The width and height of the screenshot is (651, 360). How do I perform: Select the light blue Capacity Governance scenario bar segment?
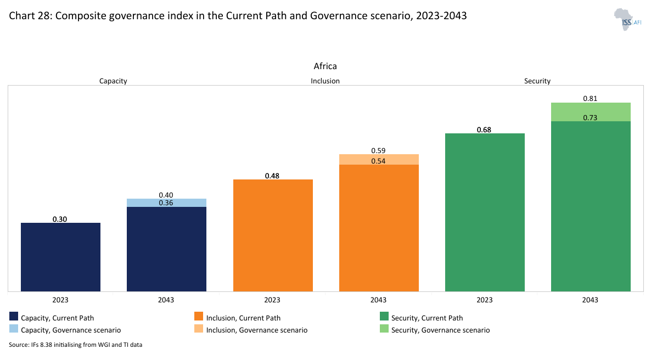point(166,203)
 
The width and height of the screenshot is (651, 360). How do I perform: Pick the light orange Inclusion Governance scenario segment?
point(379,159)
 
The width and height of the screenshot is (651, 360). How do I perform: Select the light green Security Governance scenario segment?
point(591,111)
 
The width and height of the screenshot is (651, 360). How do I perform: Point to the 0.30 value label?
point(60,219)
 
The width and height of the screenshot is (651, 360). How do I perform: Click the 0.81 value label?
point(590,99)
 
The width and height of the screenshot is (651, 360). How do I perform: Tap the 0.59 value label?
point(378,150)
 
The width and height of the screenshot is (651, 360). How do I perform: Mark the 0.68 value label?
point(484,130)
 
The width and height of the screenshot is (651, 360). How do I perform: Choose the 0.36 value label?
point(166,203)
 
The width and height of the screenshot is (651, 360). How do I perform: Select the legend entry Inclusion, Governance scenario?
point(252,330)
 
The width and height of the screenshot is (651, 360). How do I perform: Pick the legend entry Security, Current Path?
point(422,318)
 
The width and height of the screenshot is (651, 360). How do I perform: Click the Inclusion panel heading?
point(325,81)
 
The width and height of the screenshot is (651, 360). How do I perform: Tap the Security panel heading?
point(537,81)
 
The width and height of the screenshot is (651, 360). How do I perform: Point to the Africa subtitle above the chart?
point(325,66)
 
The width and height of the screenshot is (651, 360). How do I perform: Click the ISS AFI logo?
point(627,19)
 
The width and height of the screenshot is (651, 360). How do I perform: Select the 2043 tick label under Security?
point(590,300)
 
